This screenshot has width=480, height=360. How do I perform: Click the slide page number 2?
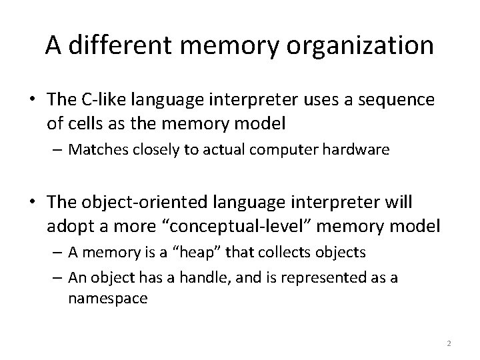pos(449,344)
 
